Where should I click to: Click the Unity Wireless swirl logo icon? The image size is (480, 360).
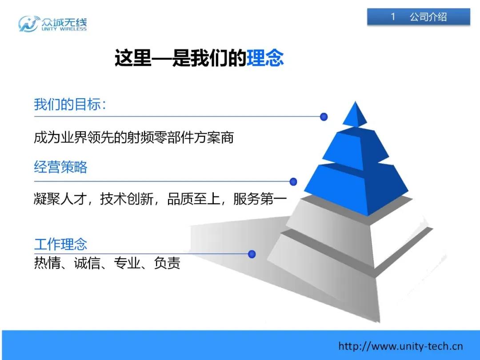pos(29,24)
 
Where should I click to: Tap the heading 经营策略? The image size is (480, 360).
pos(60,167)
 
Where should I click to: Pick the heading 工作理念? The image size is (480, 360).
pos(60,244)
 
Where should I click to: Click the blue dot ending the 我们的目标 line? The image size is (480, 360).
pos(324,116)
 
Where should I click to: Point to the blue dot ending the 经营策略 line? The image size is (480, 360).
pos(293,181)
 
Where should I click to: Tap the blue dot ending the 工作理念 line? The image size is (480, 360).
pos(252,254)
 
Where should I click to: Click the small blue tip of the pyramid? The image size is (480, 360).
pos(355,114)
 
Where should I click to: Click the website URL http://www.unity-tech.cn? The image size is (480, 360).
pos(400,346)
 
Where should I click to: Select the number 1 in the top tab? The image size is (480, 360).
pos(393,16)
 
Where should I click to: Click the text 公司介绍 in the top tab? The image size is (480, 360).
pos(428,17)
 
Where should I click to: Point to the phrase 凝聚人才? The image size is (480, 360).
pos(60,199)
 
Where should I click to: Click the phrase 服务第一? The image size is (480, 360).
pos(260,199)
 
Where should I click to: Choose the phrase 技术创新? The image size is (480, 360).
pos(127,199)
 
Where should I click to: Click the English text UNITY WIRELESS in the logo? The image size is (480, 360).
pos(64,29)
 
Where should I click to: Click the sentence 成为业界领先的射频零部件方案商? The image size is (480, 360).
pos(134,137)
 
